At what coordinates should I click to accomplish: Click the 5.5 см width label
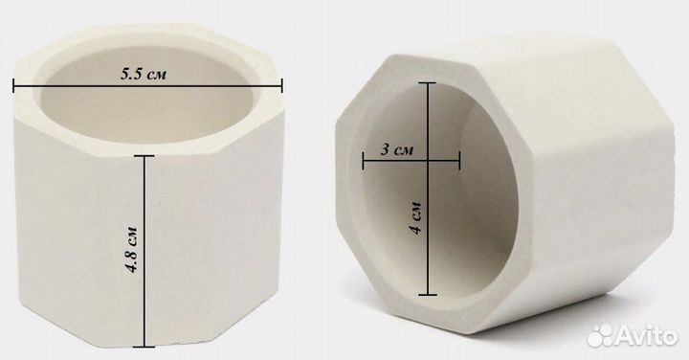coord(144,75)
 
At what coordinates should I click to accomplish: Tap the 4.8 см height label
coord(131,249)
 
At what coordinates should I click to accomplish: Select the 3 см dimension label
coord(397,150)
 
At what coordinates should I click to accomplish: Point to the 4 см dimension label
coord(416,217)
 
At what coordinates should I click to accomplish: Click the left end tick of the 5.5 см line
coord(13,85)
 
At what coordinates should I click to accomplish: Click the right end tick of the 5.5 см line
coord(281,85)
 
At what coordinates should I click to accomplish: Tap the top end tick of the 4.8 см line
coord(144,156)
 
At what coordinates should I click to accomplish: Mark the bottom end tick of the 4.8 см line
coord(144,347)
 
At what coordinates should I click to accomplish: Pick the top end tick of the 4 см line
coord(428,82)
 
